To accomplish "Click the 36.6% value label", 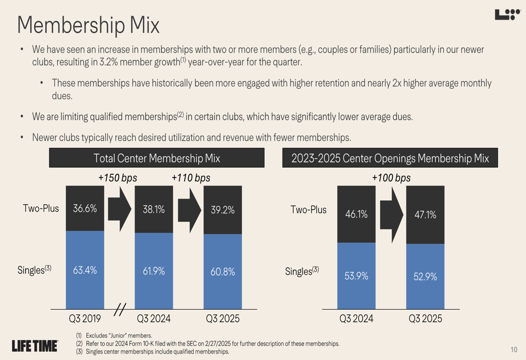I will coord(85,208).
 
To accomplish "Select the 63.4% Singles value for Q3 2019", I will coord(85,270).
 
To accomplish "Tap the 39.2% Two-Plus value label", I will coord(222,210).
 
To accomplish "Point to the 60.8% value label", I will coord(222,272).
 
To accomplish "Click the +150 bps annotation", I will coord(118,178).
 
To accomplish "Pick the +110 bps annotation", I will coord(191,178).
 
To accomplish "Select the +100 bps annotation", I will coord(391,178).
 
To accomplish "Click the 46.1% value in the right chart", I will coord(356,214).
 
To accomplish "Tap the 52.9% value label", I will coord(426,276).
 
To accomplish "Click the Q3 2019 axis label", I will coord(85,318).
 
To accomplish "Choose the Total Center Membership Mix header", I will coord(157,158).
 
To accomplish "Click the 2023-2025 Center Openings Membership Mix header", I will coord(390,158).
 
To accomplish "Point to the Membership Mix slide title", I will coord(88,25).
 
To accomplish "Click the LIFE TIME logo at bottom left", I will coord(35,345).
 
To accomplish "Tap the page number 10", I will coord(514,350).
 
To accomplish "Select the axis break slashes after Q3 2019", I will coord(120,310).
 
